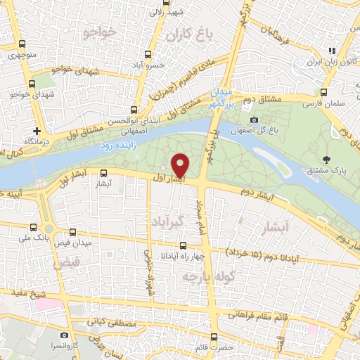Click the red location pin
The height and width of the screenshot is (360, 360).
pos(181,165)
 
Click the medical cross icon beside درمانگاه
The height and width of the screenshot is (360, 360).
pos(37,131)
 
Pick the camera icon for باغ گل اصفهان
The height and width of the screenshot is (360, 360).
pos(254,120)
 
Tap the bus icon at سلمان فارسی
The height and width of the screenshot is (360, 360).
pos(323,91)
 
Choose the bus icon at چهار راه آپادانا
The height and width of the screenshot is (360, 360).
pos(183,245)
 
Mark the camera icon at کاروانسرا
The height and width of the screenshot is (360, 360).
pos(64,335)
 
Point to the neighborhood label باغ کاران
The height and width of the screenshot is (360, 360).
pos(185,33)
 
